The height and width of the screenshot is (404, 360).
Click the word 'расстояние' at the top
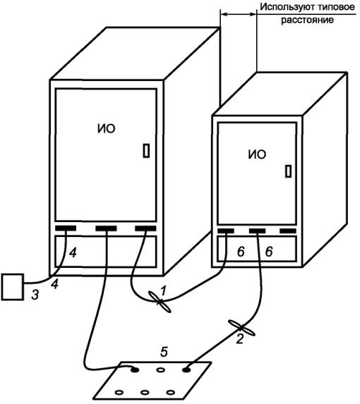(307, 20)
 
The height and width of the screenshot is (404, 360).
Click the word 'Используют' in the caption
(282, 7)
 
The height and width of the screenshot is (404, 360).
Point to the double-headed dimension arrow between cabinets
(239, 14)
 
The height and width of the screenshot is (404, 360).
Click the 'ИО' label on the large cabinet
(107, 128)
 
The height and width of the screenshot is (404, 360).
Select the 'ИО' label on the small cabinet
(257, 154)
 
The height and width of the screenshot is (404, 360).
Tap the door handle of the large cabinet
(146, 151)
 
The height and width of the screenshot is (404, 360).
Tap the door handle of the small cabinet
(289, 171)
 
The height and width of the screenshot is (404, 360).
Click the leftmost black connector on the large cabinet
(66, 228)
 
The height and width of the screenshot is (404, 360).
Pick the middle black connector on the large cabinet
(106, 228)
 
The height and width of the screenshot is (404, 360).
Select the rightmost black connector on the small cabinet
(288, 231)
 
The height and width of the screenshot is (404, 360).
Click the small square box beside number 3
(13, 287)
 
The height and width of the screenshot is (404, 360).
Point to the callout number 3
(35, 295)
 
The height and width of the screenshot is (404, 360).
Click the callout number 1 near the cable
(163, 291)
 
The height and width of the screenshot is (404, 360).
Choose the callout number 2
(240, 339)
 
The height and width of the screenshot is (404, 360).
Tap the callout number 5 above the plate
(164, 352)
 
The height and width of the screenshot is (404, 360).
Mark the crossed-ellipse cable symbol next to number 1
(160, 302)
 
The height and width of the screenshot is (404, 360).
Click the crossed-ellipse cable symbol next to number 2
(241, 327)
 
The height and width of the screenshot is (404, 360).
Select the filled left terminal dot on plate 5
(135, 370)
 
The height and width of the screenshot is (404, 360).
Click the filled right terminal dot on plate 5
(186, 370)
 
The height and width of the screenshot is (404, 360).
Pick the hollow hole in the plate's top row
(161, 370)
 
